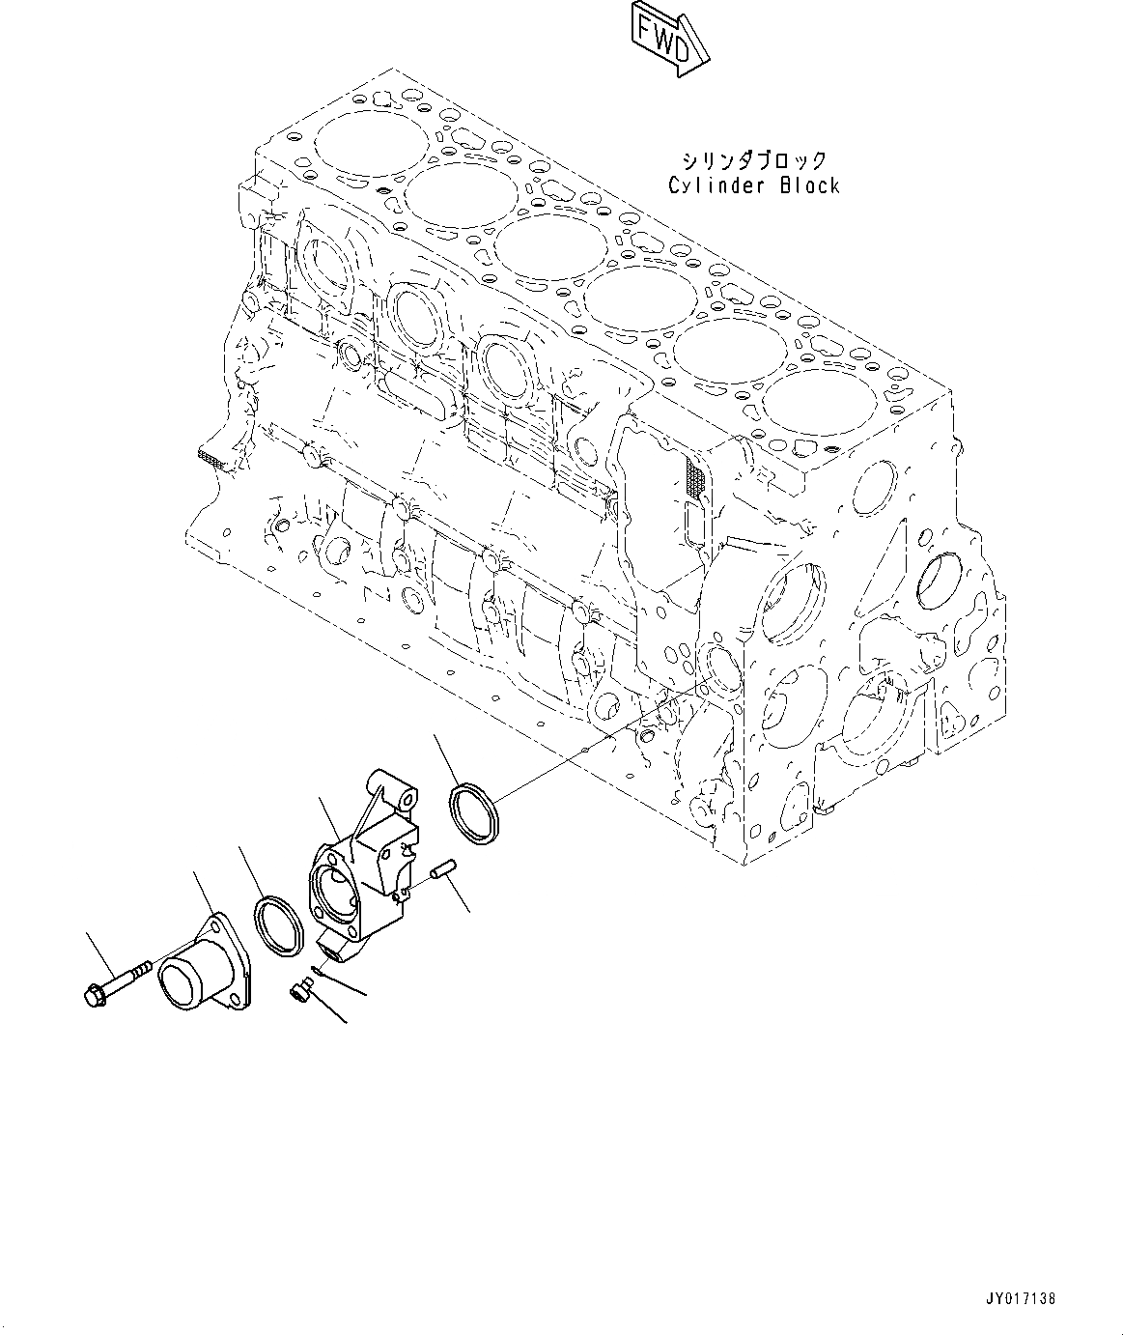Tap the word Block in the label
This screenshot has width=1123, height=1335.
tap(805, 185)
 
